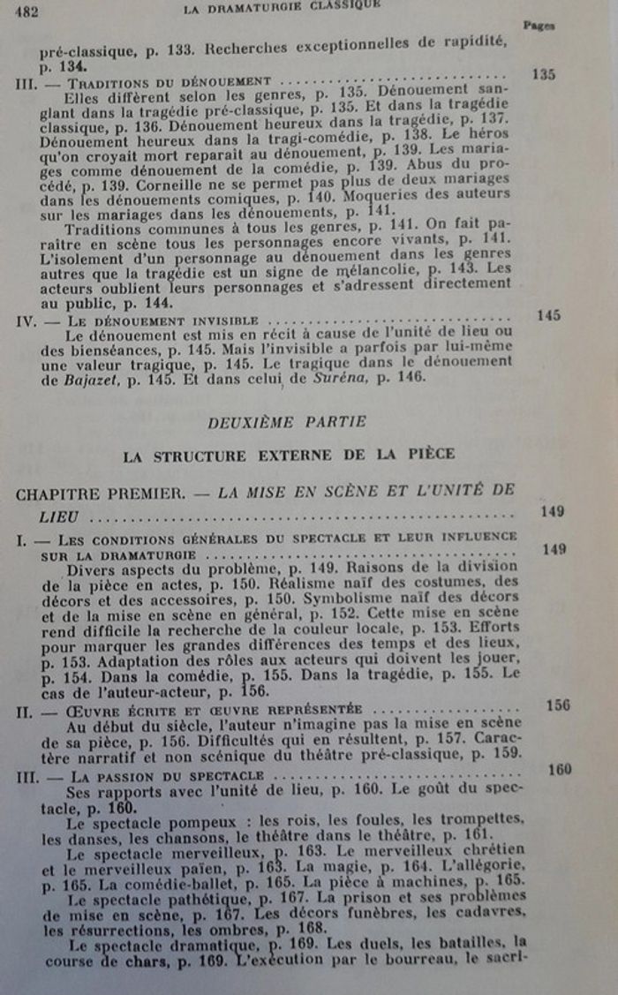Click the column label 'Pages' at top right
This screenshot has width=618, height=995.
pyautogui.click(x=538, y=26)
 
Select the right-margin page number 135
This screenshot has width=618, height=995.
pyautogui.click(x=543, y=74)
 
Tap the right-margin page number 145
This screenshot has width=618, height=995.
pyautogui.click(x=548, y=315)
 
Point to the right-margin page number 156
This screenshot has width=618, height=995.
pyautogui.click(x=557, y=705)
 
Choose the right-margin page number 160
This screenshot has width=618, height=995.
pyautogui.click(x=559, y=770)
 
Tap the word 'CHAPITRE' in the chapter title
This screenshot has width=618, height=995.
pyautogui.click(x=56, y=494)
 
